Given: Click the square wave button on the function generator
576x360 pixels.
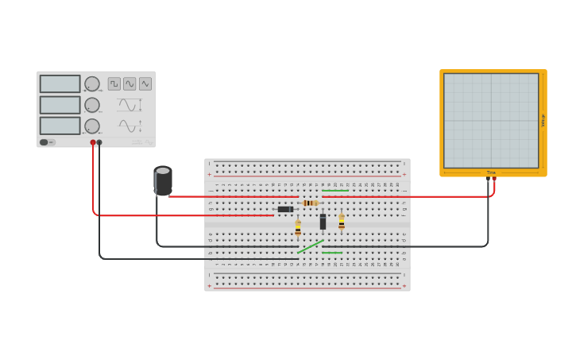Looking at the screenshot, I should pyautogui.click(x=114, y=83).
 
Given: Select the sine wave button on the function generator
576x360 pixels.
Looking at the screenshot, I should pyautogui.click(x=130, y=83).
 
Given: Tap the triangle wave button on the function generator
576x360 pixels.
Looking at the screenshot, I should pyautogui.click(x=145, y=83).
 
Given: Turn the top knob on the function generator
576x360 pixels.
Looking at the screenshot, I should pyautogui.click(x=92, y=83).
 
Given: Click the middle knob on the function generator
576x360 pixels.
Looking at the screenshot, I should pyautogui.click(x=92, y=105).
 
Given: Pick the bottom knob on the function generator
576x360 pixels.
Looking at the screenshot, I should pyautogui.click(x=92, y=126).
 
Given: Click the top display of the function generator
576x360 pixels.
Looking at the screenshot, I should pyautogui.click(x=60, y=83).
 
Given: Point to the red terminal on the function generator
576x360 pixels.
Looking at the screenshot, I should pyautogui.click(x=93, y=142).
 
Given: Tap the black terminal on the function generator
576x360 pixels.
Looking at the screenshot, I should pyautogui.click(x=99, y=142).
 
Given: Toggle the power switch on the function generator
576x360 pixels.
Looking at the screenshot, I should pyautogui.click(x=48, y=142).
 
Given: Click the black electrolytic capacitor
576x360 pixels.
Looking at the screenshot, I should pyautogui.click(x=163, y=180).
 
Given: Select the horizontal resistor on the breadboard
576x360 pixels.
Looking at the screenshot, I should pyautogui.click(x=311, y=203).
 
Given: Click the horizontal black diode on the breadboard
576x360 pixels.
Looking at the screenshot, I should pyautogui.click(x=284, y=209).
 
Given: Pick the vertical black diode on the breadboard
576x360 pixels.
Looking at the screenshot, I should pyautogui.click(x=323, y=222).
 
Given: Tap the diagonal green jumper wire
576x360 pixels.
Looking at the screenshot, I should pyautogui.click(x=311, y=246).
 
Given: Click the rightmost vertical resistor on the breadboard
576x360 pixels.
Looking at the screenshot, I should pyautogui.click(x=342, y=222).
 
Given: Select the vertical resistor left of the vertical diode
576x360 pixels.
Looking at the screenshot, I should pyautogui.click(x=298, y=228).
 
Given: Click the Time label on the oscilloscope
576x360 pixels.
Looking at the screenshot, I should pyautogui.click(x=491, y=172).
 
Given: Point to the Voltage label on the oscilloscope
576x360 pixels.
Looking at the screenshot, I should pyautogui.click(x=543, y=121).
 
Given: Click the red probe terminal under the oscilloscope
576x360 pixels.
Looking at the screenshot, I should pyautogui.click(x=494, y=179).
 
